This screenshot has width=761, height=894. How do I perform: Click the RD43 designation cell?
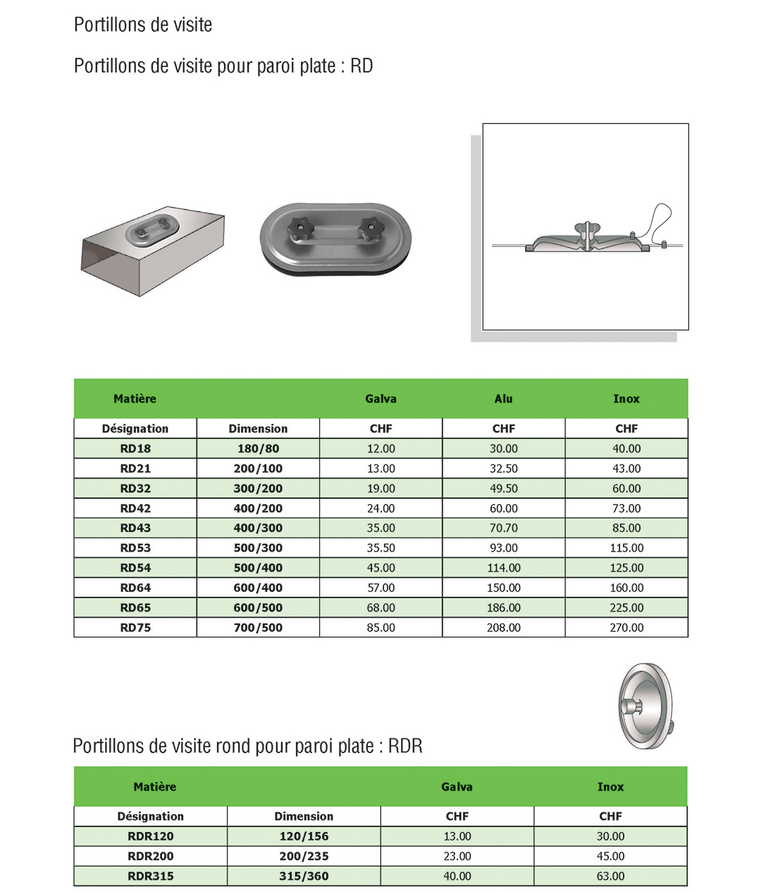[135, 528]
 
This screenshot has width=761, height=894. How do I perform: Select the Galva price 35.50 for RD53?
[380, 547]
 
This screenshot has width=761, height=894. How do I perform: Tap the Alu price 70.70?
[503, 528]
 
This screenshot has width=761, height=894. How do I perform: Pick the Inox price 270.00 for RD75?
[626, 627]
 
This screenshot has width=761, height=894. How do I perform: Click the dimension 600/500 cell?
[258, 607]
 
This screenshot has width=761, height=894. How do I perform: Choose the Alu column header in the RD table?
[503, 399]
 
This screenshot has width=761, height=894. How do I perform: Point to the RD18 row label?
[135, 448]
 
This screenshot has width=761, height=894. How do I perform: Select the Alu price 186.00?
[503, 607]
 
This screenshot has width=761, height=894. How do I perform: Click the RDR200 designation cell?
[150, 856]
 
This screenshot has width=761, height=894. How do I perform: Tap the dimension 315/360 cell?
[304, 876]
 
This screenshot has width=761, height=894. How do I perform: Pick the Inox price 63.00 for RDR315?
[610, 876]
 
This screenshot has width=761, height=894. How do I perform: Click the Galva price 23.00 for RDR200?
[457, 856]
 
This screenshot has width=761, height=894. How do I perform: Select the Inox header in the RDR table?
[610, 787]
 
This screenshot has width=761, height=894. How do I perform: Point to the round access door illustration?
[645, 705]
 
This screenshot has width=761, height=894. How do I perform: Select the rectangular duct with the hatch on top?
[152, 253]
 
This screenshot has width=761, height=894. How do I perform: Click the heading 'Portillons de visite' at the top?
[143, 25]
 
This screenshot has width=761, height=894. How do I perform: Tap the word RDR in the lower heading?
[405, 746]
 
